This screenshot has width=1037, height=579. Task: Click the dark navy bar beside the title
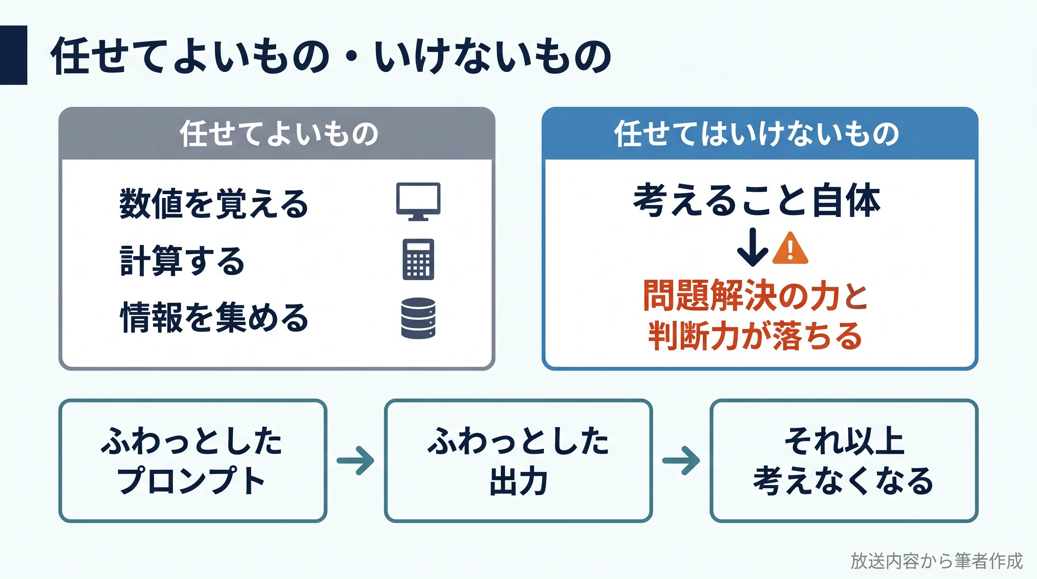point(13,55)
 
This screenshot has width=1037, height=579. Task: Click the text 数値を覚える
point(214,203)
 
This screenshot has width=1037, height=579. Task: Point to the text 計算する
point(182,260)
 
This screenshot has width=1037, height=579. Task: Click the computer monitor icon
point(418,201)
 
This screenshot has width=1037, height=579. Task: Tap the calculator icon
point(418,259)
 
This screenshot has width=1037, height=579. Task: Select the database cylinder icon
point(418,318)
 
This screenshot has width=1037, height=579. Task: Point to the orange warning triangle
point(790,248)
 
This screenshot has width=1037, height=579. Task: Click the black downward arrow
point(752,247)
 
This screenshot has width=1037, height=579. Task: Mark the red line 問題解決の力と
point(756,296)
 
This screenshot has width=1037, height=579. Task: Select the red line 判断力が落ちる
point(755,335)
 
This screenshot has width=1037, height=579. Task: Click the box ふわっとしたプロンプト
point(193,461)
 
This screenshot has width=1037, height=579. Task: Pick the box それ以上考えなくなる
point(844,461)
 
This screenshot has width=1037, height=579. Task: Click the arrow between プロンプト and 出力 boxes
point(355,461)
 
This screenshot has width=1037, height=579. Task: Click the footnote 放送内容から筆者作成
point(936,561)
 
